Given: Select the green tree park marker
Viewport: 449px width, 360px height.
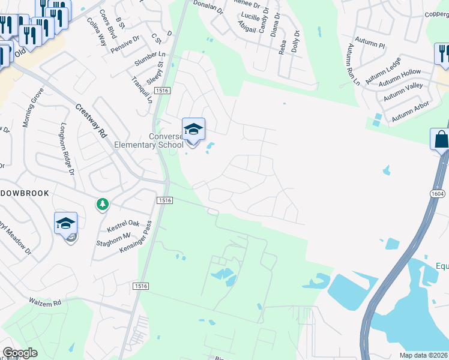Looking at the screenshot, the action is coord(103,205).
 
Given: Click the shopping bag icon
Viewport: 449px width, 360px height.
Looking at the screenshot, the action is coord(441,140).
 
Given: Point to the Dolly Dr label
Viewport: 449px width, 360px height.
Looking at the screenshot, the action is coord(295,41).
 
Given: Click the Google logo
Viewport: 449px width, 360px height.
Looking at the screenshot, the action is coord(20,353).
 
